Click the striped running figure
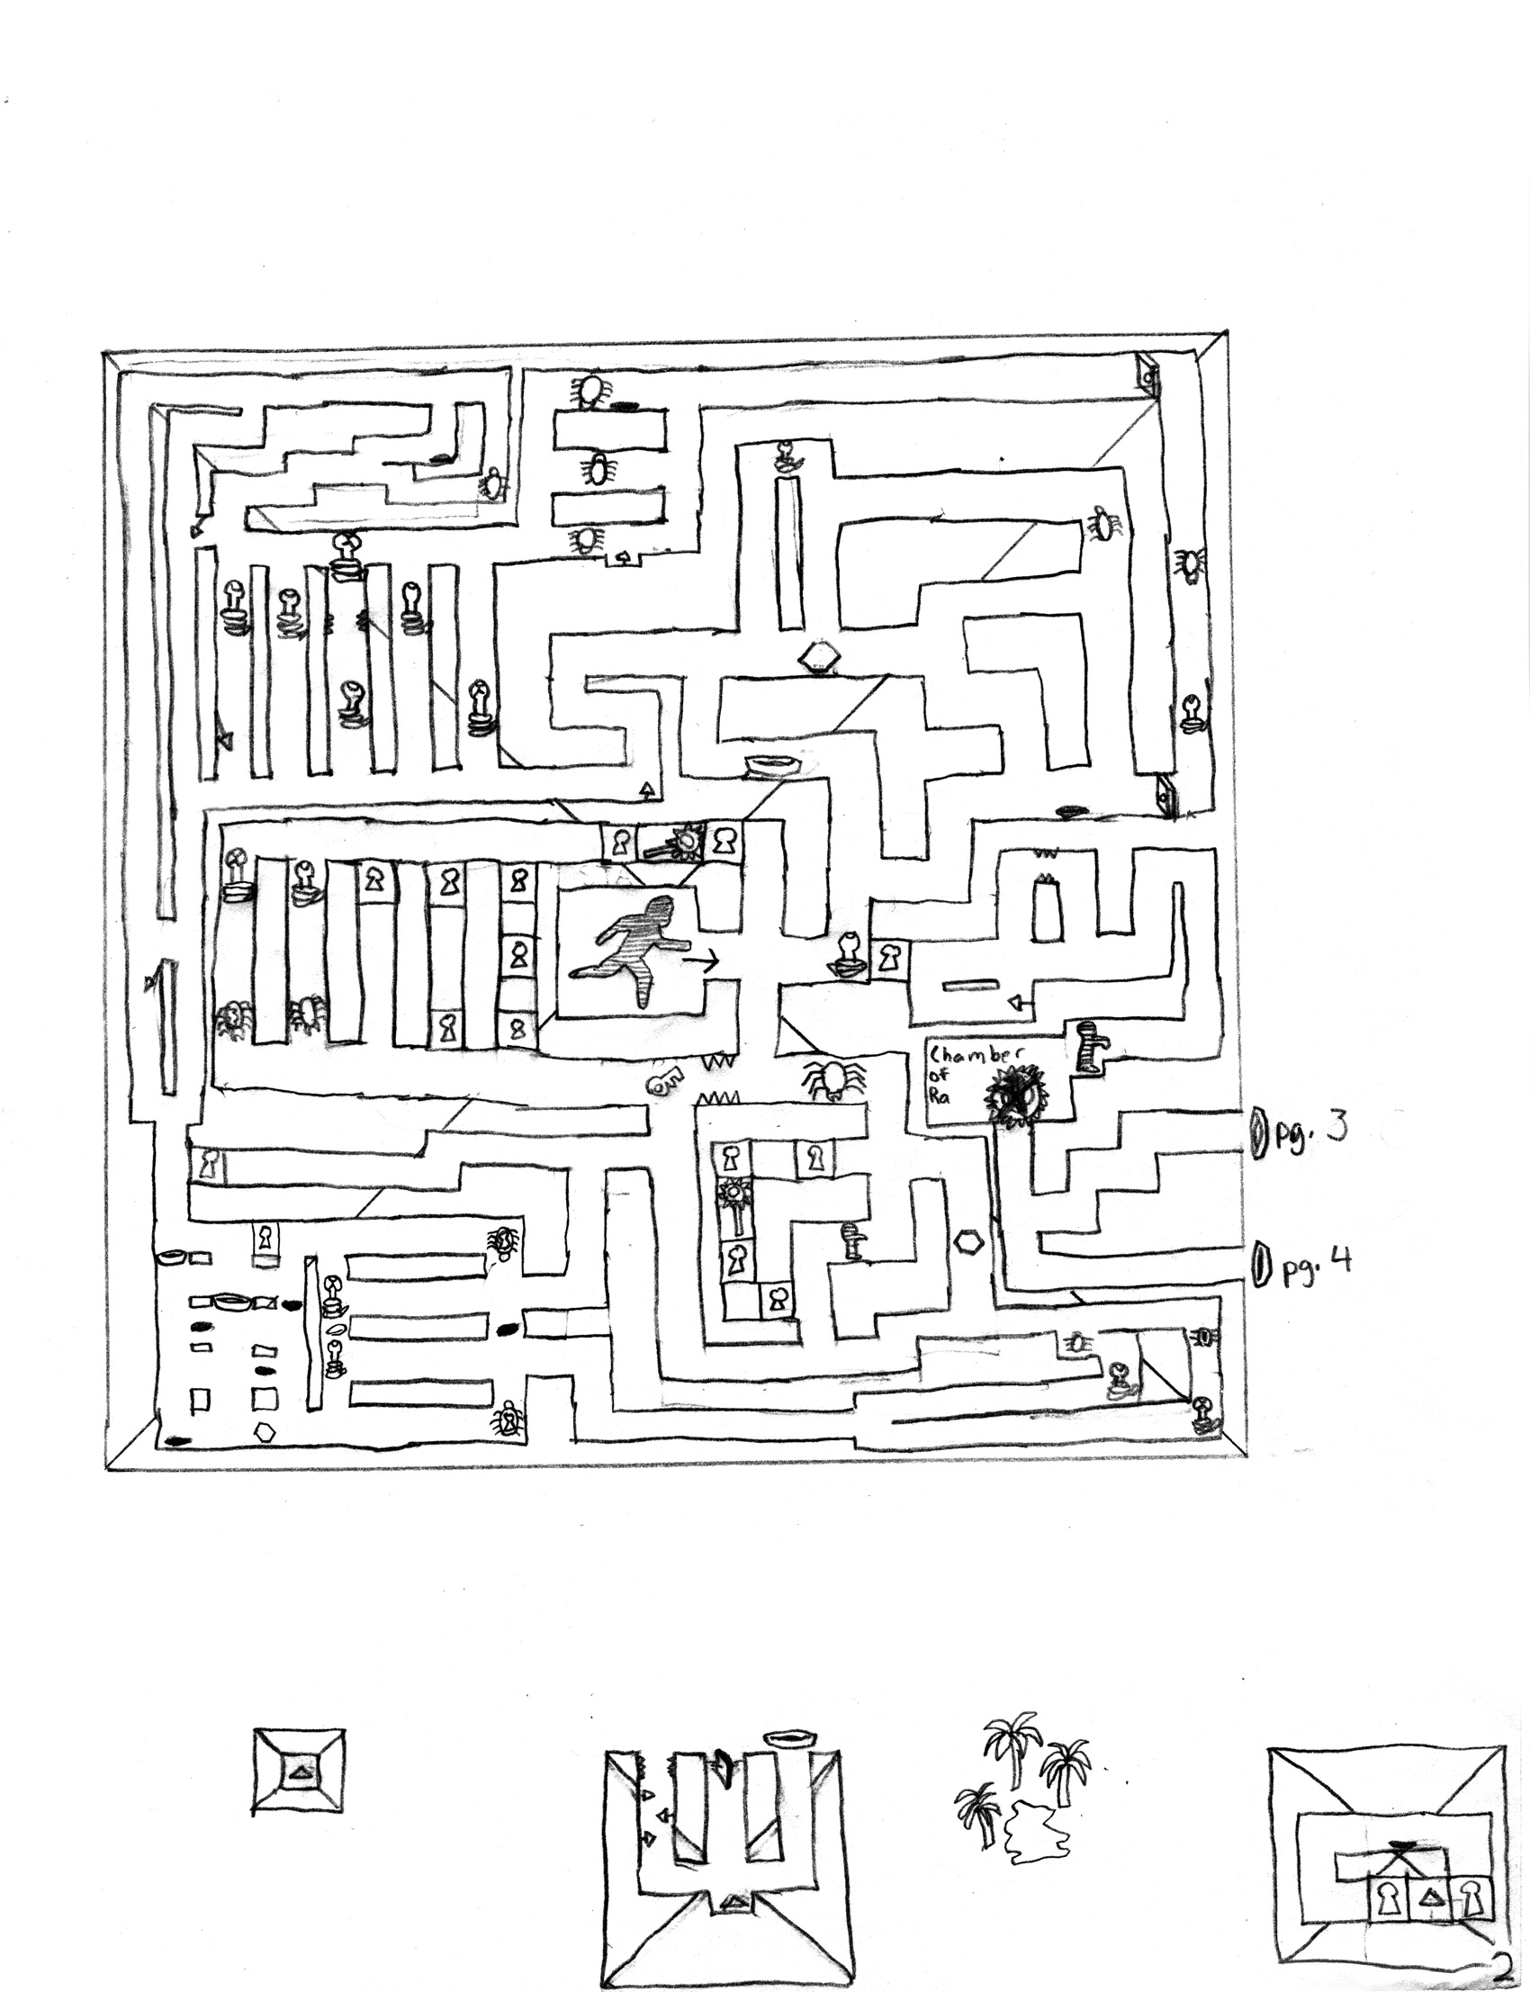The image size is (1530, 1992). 637,948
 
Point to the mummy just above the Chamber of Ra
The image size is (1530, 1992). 1089,1047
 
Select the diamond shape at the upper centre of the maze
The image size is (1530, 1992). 820,655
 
